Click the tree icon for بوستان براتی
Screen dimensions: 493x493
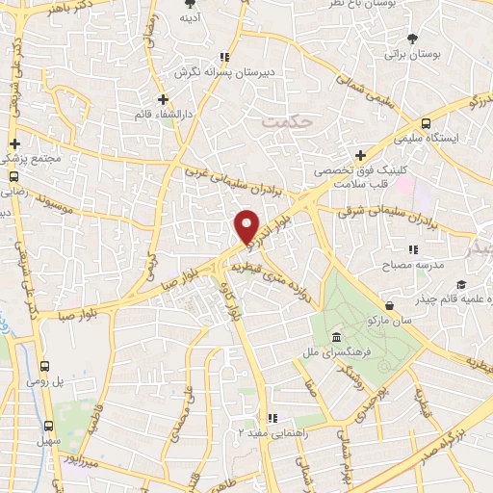click(x=413, y=39)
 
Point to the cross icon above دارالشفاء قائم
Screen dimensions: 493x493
click(x=165, y=98)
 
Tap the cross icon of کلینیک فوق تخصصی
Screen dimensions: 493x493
click(x=361, y=154)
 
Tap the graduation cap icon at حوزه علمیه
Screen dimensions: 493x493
click(x=461, y=284)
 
